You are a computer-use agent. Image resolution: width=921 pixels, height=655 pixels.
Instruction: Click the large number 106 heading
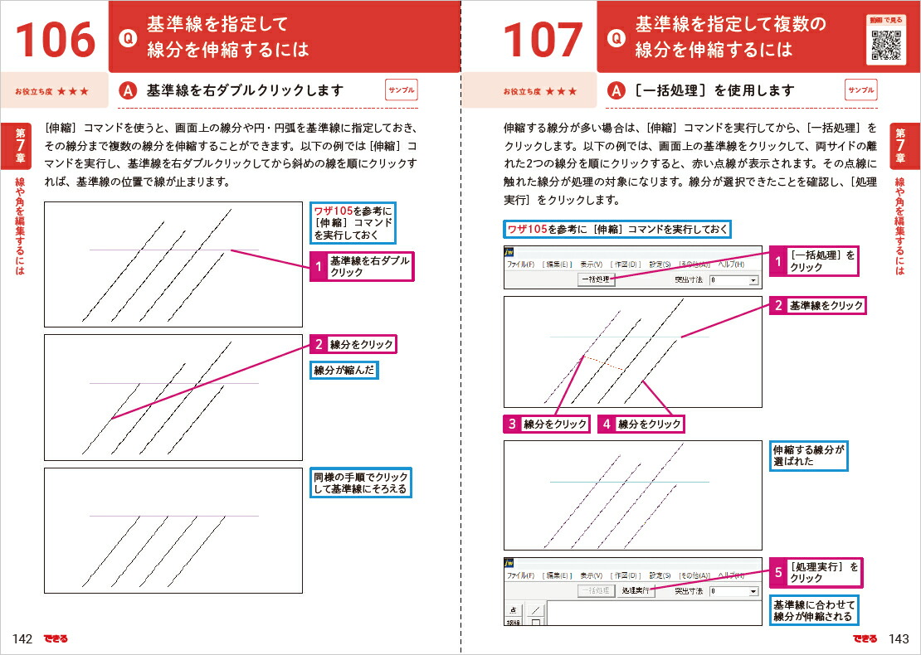click(x=54, y=39)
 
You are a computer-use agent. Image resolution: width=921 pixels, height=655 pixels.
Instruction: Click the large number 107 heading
click(x=543, y=39)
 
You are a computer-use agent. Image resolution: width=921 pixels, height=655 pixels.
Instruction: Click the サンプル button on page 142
click(x=402, y=90)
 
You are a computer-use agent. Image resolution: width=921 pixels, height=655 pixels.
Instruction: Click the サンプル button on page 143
click(x=861, y=90)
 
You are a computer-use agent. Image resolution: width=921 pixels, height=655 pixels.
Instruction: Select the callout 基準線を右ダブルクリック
click(x=361, y=266)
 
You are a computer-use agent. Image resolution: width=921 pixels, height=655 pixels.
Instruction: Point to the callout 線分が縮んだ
click(x=344, y=371)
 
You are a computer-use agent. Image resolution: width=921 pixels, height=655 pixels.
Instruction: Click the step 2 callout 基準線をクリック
click(x=818, y=306)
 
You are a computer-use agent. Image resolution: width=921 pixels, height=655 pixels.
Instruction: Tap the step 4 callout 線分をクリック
click(x=641, y=424)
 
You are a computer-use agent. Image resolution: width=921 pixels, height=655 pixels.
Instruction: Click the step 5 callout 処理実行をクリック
click(x=816, y=572)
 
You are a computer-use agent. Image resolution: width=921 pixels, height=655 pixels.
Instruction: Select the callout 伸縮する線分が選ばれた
click(x=809, y=455)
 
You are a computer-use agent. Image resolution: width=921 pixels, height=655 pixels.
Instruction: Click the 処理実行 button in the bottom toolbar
click(x=636, y=591)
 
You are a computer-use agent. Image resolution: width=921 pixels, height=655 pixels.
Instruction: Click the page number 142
click(x=22, y=638)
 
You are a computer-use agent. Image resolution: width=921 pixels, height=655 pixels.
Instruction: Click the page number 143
click(x=899, y=638)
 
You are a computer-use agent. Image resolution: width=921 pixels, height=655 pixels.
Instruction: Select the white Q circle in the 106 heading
click(x=127, y=37)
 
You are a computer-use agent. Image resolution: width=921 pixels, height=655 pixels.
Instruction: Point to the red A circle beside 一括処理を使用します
click(x=616, y=90)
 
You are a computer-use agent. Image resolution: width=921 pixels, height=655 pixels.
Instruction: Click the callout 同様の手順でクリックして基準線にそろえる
click(x=361, y=483)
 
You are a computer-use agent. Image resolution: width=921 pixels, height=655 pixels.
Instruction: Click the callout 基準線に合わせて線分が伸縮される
click(x=813, y=609)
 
